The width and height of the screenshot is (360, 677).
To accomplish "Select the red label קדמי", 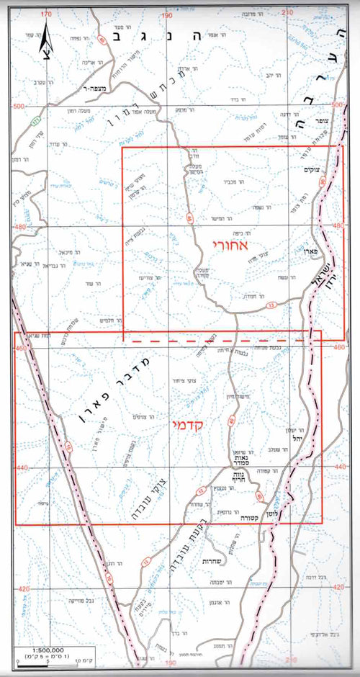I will (x=189, y=426).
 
